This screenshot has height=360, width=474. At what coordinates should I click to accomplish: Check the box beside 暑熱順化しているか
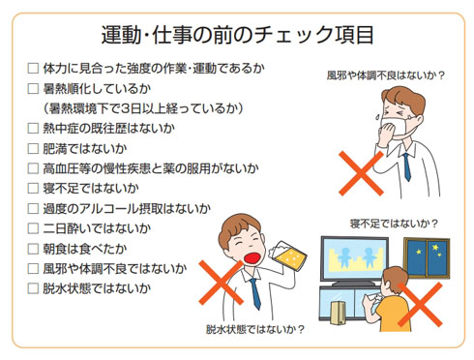[x=34, y=89]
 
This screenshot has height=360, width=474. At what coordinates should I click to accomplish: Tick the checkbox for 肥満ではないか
[x=34, y=148]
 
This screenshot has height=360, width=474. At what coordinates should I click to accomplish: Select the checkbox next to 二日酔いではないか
[x=34, y=228]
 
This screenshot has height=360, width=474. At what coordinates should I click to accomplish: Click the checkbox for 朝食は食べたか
[x=34, y=248]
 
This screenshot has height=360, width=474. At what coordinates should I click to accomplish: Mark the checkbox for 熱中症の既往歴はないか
[x=34, y=128]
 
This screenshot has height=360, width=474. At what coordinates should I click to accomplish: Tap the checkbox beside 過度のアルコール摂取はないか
[x=34, y=208]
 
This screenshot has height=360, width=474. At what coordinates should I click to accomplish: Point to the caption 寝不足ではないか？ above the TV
[x=392, y=224]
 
